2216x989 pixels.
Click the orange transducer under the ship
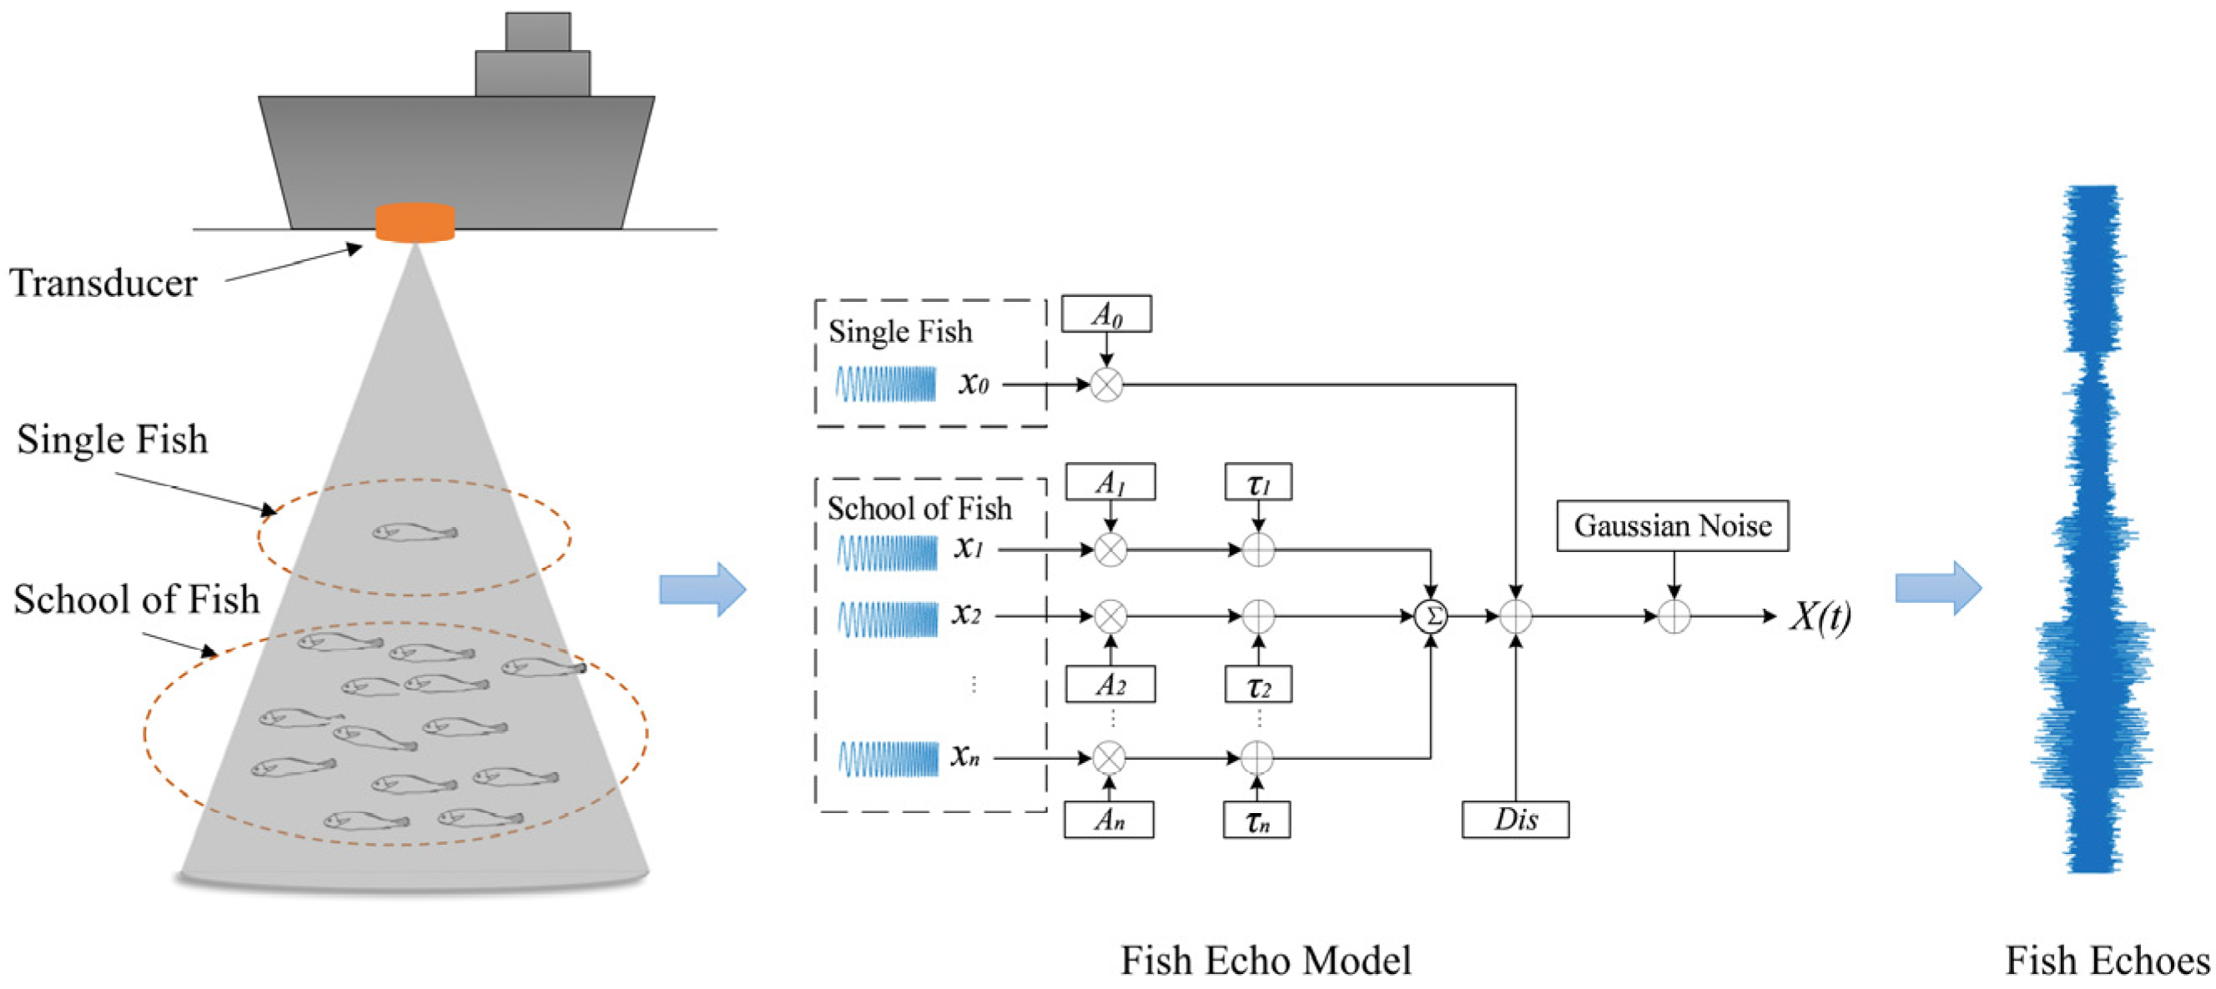(x=415, y=223)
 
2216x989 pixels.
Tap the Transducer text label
(x=103, y=284)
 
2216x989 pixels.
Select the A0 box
(x=1106, y=314)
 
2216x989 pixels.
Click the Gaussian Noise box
(x=1672, y=525)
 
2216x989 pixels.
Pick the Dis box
(x=1515, y=820)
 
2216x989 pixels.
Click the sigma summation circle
(x=1431, y=615)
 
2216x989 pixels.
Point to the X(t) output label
(x=1821, y=615)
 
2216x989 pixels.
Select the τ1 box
(x=1257, y=482)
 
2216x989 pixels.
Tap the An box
(x=1109, y=820)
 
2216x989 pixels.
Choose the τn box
(x=1257, y=820)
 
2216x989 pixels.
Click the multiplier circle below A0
(x=1106, y=384)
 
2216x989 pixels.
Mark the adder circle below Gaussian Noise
(x=1673, y=615)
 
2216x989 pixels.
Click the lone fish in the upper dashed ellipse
(x=414, y=533)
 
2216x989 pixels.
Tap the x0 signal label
(x=974, y=384)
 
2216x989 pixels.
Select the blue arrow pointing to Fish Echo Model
(x=701, y=589)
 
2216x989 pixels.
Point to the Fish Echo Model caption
(x=1266, y=961)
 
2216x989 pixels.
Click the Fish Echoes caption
(x=2107, y=961)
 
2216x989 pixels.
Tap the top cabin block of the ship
(x=537, y=32)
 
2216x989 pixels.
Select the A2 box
(x=1110, y=685)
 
